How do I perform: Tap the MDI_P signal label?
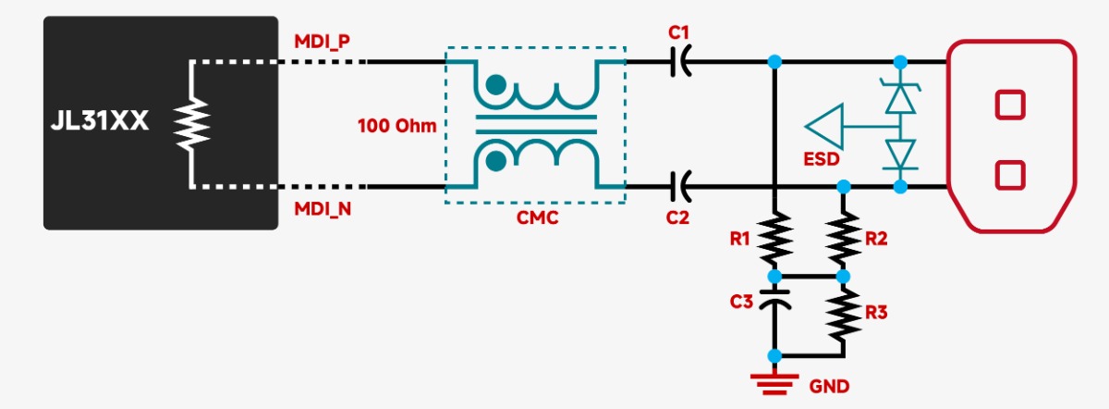321,43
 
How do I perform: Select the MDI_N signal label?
322,209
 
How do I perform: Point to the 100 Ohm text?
397,125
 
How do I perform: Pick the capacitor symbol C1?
680,62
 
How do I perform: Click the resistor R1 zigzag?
775,239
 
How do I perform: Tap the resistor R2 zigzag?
842,239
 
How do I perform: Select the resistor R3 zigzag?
842,315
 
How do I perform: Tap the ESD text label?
823,159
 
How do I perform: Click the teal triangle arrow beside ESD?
824,124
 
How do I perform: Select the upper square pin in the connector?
1010,104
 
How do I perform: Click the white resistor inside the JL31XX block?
191,124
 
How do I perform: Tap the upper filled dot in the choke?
496,84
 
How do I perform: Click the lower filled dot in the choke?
496,163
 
